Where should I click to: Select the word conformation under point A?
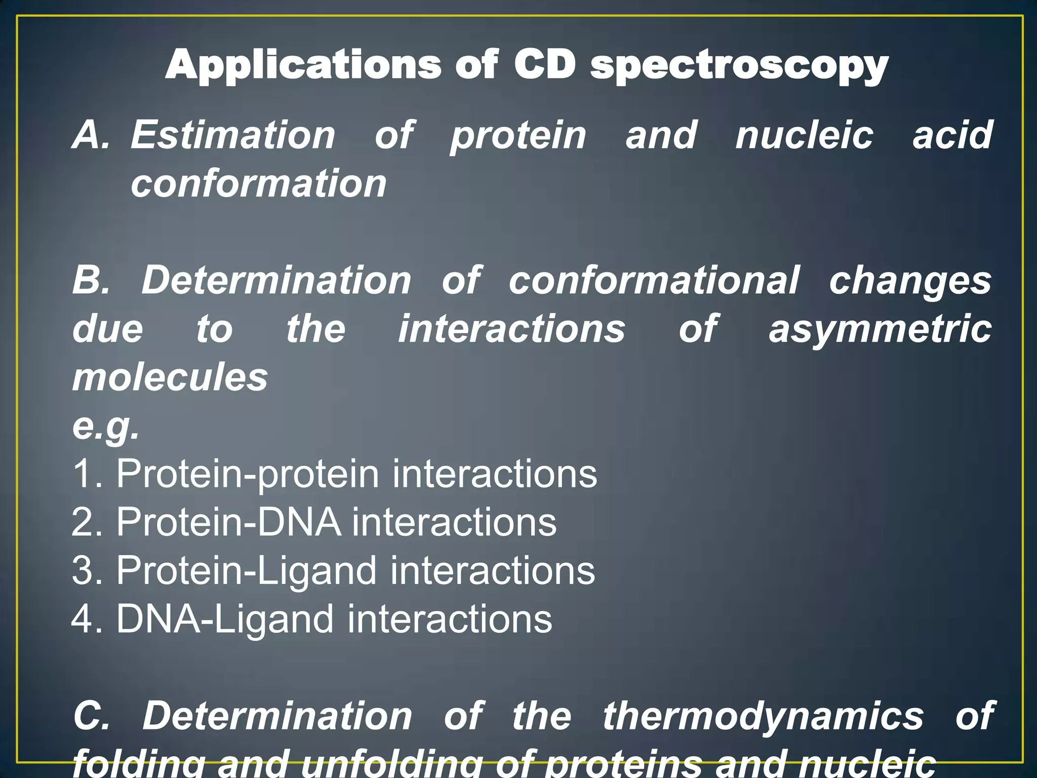click(x=259, y=183)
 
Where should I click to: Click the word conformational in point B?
click(x=654, y=280)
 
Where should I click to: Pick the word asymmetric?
click(x=880, y=329)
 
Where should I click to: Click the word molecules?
click(x=170, y=377)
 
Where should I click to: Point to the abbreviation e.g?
click(x=105, y=427)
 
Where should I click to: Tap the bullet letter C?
click(x=91, y=716)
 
